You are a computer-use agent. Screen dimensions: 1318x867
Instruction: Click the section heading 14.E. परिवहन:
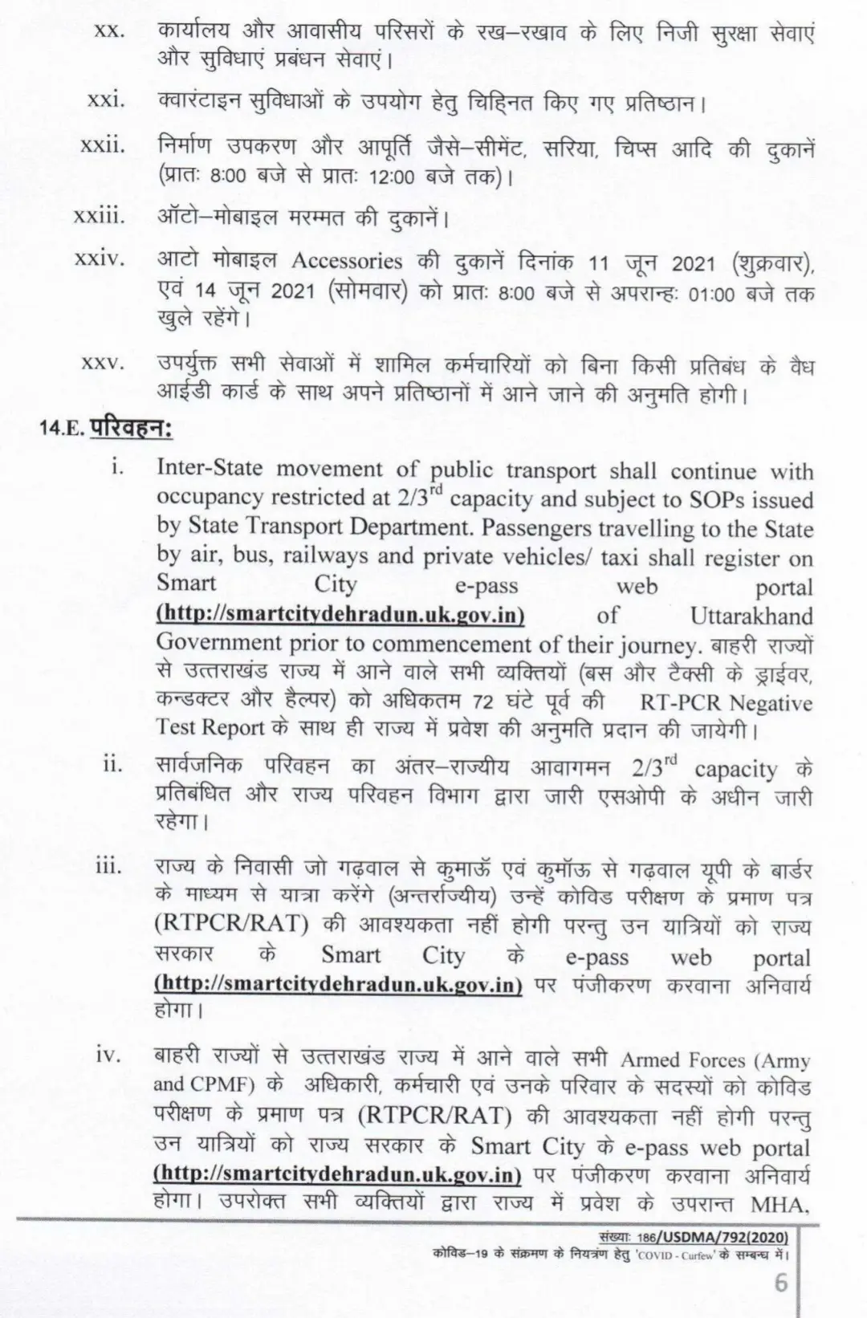pos(107,428)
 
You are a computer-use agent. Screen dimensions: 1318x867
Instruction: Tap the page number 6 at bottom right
pos(780,1283)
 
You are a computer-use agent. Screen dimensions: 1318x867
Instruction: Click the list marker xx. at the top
pos(108,31)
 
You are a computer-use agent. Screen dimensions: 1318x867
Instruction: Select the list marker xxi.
pos(106,100)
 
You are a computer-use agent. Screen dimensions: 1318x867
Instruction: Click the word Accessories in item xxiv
pos(347,261)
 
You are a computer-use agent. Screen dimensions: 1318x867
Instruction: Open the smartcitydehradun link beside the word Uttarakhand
pos(340,616)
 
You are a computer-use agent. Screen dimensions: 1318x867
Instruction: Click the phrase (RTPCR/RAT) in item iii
pos(231,924)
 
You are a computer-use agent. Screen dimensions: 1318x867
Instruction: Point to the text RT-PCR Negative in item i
pos(726,703)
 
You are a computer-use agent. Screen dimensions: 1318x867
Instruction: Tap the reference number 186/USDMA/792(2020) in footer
pos(718,1237)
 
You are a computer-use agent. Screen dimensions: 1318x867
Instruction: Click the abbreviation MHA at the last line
pos(779,1205)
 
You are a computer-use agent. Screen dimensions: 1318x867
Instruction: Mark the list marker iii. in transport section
pos(108,867)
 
